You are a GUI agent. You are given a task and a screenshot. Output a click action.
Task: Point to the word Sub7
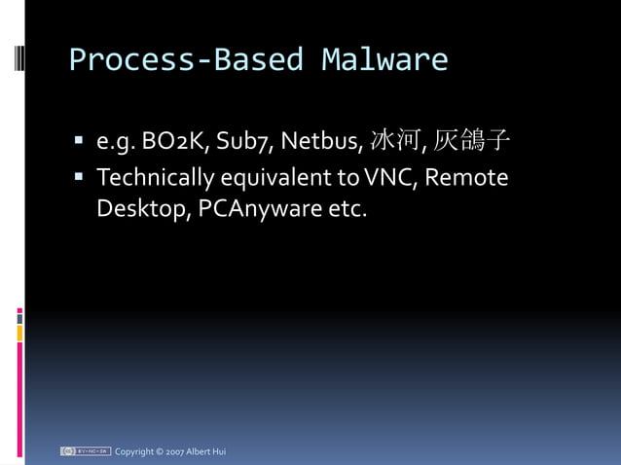point(245,144)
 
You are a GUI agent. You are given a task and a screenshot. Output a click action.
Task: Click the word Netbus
point(321,144)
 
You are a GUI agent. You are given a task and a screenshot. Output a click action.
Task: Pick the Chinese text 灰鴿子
point(471,143)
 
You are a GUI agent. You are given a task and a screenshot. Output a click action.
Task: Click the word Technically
point(155,179)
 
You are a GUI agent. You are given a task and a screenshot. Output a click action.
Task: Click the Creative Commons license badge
point(85,451)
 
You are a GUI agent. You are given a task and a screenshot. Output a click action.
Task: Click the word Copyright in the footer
point(134,451)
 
